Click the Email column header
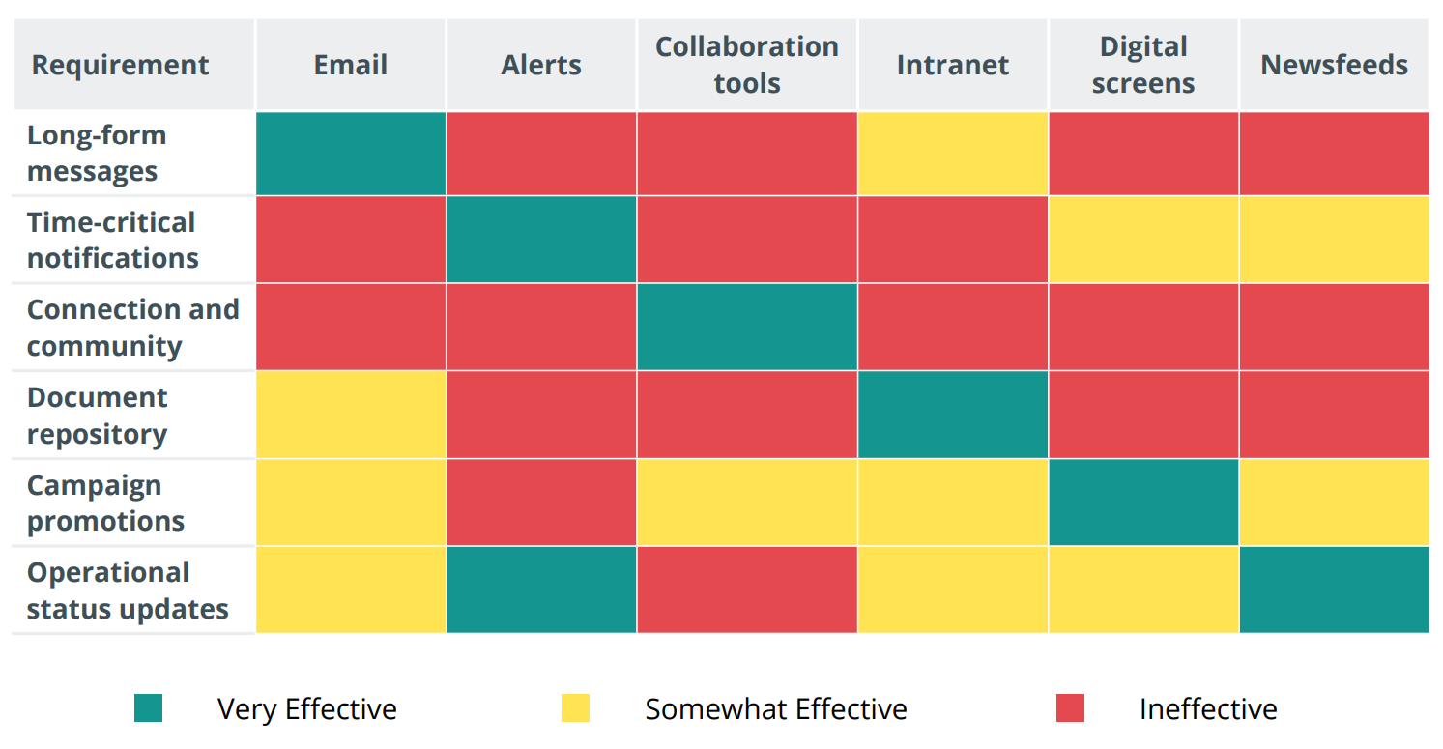(x=350, y=65)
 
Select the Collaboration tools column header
(x=746, y=65)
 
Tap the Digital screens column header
(x=1142, y=65)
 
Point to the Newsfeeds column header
(x=1334, y=65)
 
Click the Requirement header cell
(x=121, y=65)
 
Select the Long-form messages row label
(x=97, y=153)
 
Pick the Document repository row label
(x=98, y=416)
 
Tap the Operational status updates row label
(x=128, y=591)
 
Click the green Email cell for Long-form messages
(x=351, y=154)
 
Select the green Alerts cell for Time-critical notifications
(x=541, y=240)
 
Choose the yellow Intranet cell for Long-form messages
(x=952, y=154)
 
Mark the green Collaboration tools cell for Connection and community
(x=746, y=327)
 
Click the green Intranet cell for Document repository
(x=952, y=415)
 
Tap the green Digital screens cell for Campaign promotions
(x=1142, y=503)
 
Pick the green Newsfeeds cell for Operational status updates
(x=1334, y=590)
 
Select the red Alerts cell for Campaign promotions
(x=541, y=503)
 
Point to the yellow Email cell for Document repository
(x=351, y=415)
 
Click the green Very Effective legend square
(x=149, y=708)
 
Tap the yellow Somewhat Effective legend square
(x=576, y=708)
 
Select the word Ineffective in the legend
(x=1208, y=709)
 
